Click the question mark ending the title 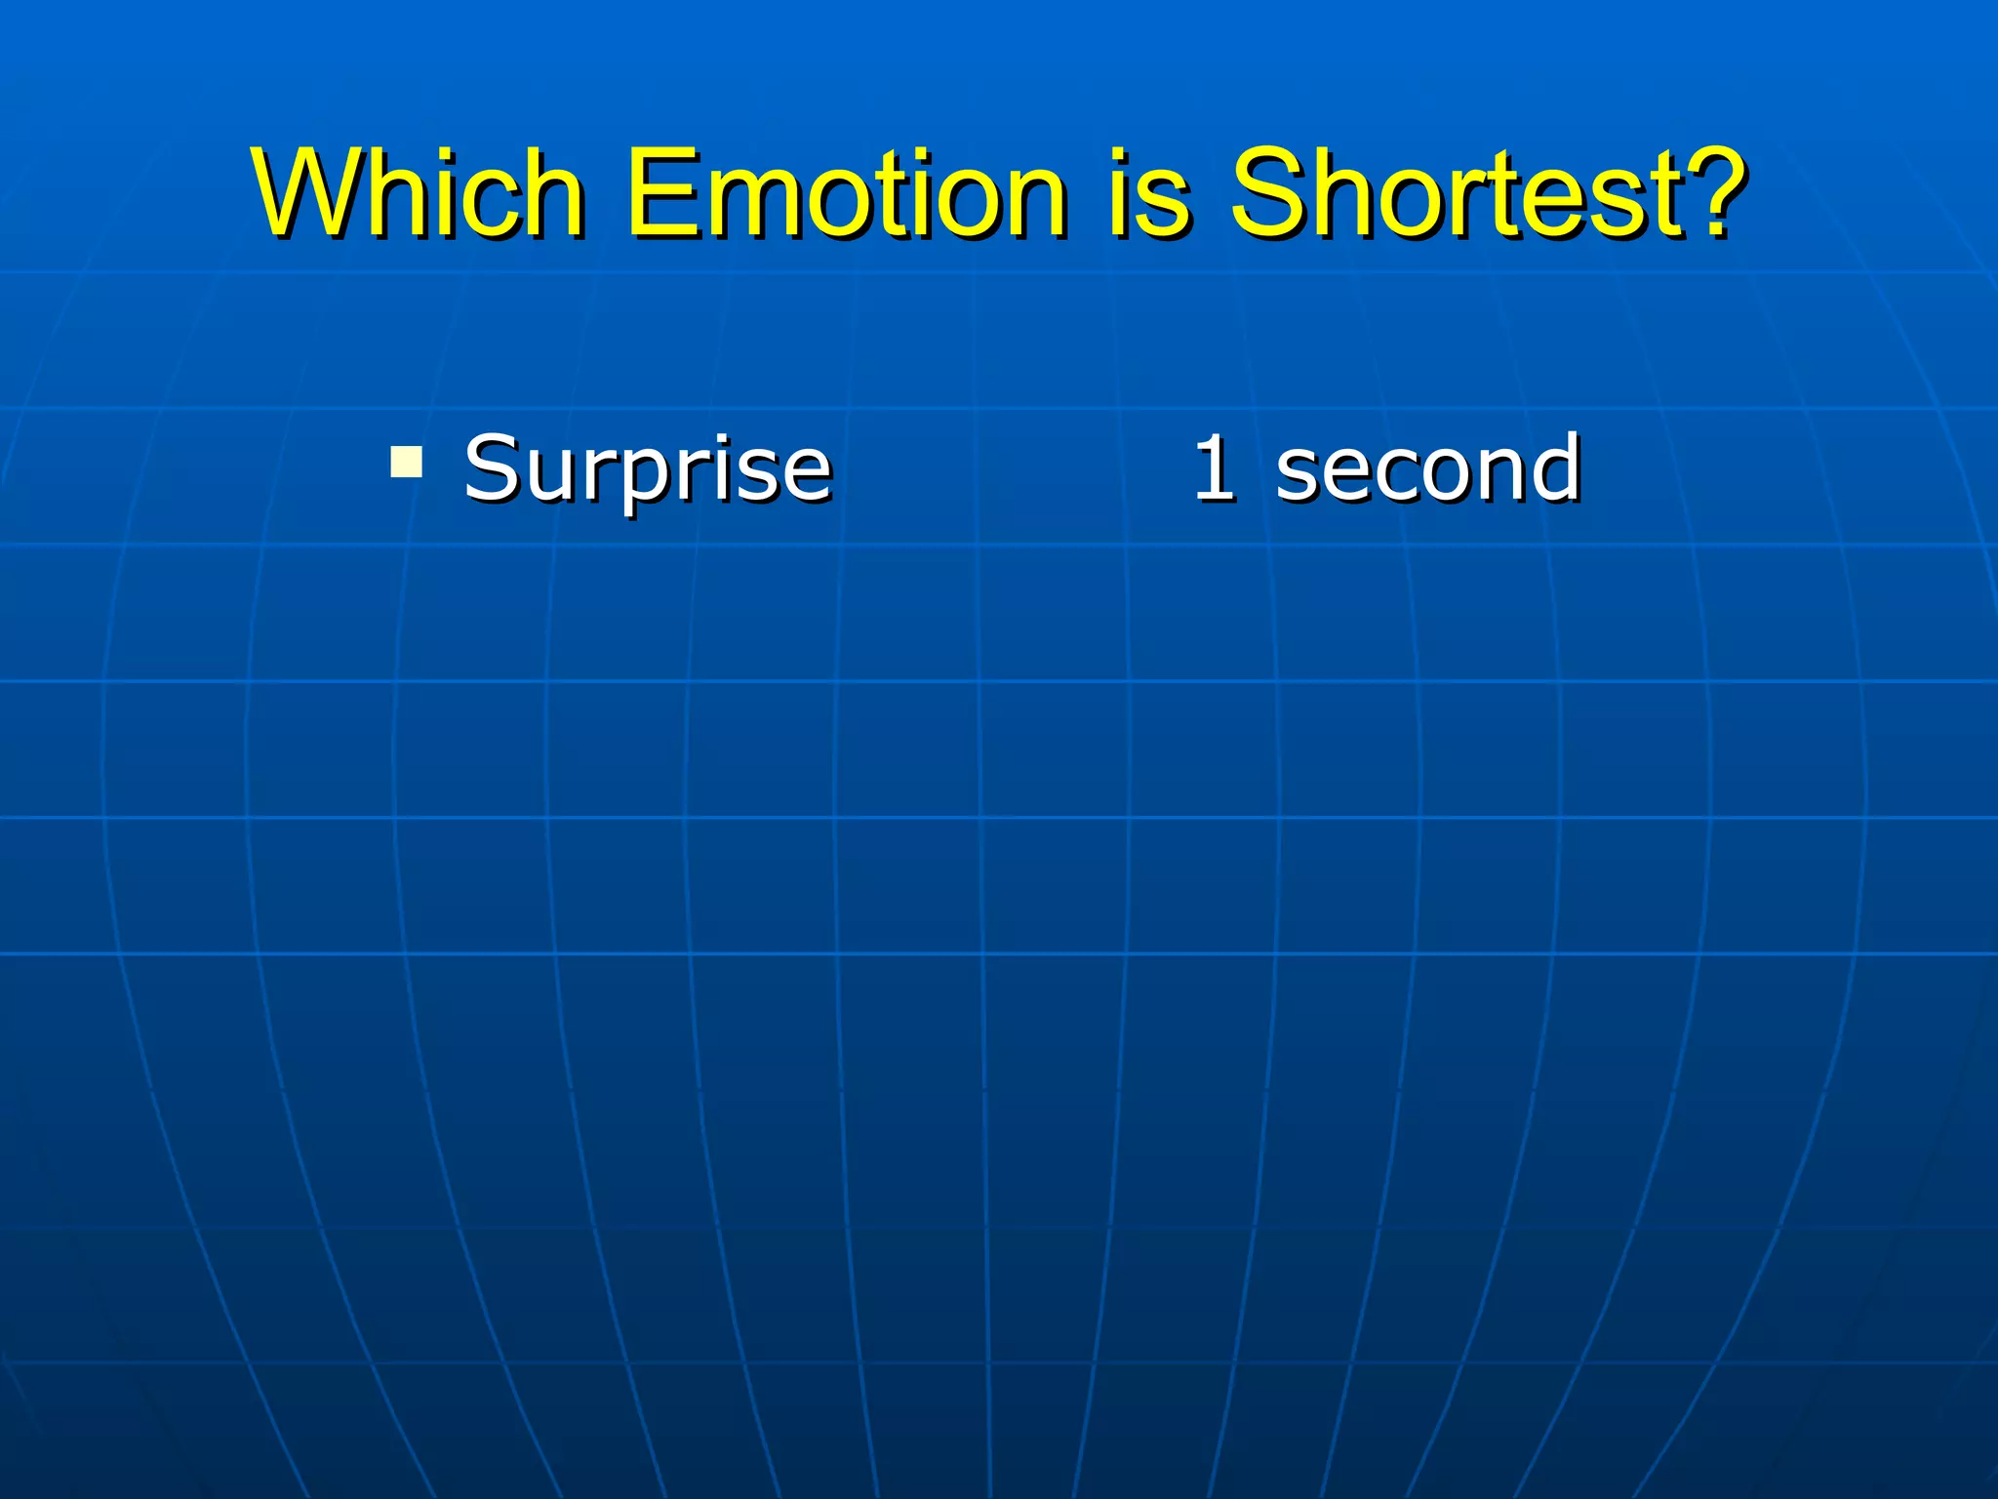tap(1712, 191)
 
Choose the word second tap(1427, 468)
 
